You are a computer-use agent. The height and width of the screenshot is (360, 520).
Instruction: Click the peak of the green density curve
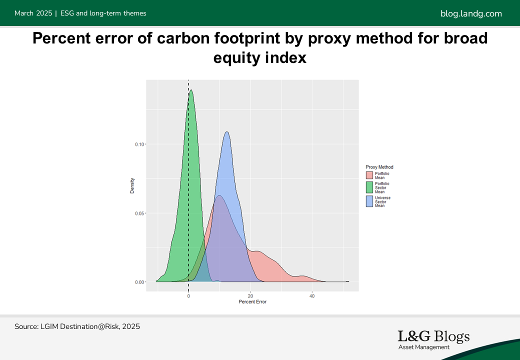191,90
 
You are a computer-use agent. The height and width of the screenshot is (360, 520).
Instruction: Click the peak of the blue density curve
227,132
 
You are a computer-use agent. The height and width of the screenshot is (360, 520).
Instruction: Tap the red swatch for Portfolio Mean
369,175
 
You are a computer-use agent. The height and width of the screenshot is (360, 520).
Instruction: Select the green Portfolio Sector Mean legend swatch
369,187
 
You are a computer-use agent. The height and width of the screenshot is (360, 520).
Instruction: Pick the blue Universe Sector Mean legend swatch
369,201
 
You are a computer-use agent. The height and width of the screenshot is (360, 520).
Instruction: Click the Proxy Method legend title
379,167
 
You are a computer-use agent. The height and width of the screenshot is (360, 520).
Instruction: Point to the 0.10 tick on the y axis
139,144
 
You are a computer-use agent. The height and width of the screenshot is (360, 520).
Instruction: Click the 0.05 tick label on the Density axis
139,213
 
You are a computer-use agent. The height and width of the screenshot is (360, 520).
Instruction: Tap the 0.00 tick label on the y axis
139,282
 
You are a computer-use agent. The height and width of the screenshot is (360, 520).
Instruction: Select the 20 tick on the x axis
250,296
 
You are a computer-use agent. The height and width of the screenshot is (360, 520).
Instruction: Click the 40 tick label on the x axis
312,296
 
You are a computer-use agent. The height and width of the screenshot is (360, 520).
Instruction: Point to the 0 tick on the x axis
188,296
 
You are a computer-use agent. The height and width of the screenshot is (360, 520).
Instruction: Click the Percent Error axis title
252,301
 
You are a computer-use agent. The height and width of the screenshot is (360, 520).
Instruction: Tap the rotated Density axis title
132,185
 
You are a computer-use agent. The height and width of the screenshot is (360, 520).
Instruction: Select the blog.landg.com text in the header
471,13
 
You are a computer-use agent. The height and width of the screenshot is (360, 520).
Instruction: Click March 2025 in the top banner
33,13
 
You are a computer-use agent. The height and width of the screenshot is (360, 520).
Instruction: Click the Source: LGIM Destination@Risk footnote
77,326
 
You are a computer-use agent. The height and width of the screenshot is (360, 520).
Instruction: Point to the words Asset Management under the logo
424,347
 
